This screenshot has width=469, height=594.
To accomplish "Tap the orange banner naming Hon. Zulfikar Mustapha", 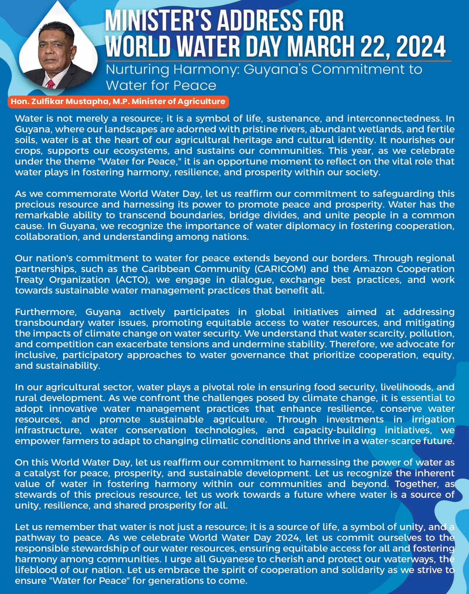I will click(x=118, y=102).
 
